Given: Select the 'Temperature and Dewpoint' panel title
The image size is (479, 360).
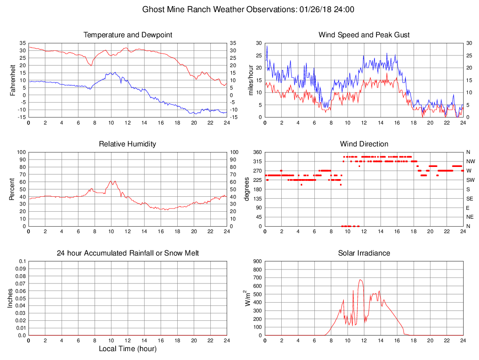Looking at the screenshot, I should click(128, 35).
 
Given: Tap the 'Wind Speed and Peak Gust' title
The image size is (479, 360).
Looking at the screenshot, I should click(364, 35).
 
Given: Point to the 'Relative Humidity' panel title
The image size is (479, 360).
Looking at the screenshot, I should click(128, 144).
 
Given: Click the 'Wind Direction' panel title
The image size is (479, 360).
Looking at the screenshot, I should click(364, 144).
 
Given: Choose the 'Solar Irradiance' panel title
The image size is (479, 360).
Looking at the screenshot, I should click(364, 253).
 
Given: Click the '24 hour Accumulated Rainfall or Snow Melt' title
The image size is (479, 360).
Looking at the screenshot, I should click(128, 253).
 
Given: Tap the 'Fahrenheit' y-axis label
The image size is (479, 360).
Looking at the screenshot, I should click(13, 80).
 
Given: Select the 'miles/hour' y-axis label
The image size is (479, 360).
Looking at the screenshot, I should click(250, 80).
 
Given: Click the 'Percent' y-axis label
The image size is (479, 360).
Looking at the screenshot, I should click(12, 189).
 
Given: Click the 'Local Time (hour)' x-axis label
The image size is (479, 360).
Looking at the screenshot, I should click(128, 349).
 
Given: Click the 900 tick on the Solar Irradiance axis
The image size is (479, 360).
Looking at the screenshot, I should click(257, 262).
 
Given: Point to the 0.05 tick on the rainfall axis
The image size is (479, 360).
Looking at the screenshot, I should click(21, 298).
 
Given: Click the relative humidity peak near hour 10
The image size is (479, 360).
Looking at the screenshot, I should click(111, 181).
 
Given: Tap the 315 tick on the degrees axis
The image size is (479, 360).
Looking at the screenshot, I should click(257, 161).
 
